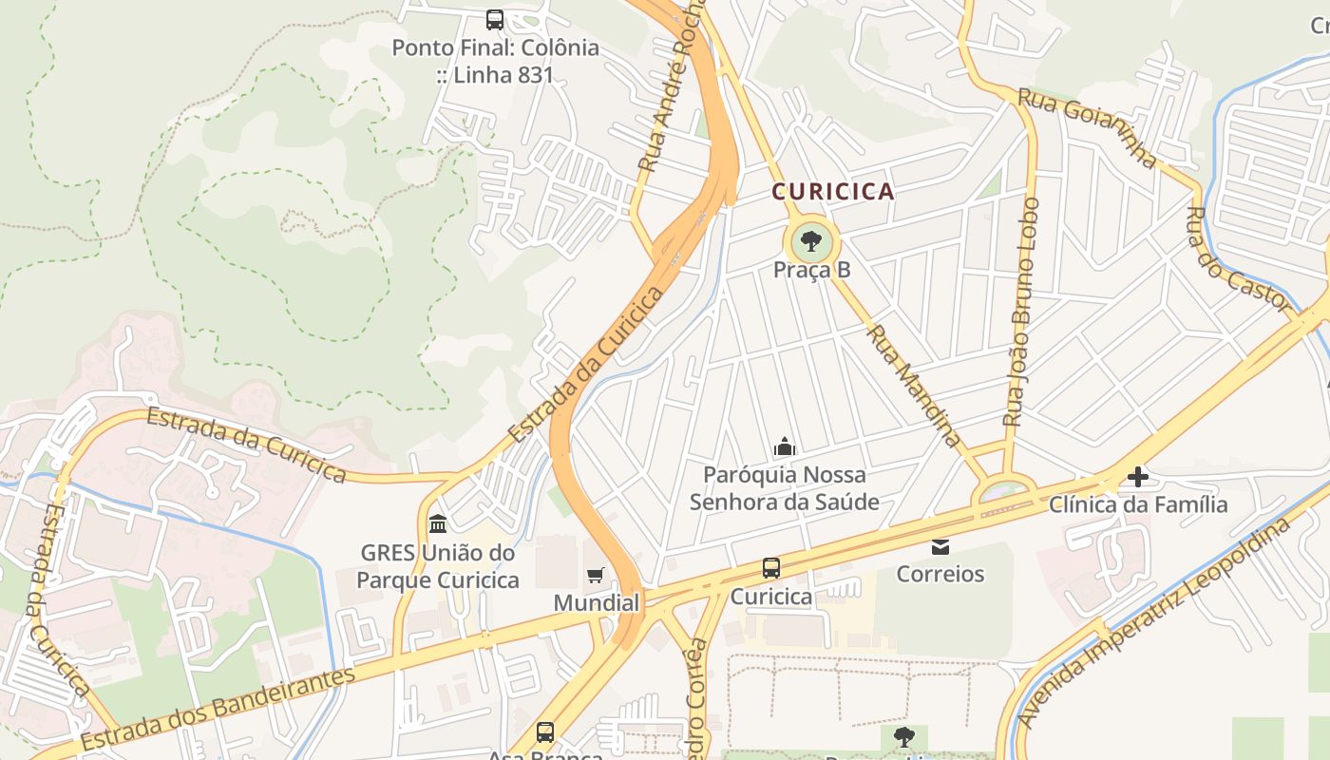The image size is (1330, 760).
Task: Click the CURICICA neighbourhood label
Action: (x=832, y=192)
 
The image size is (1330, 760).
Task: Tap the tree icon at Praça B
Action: (x=811, y=241)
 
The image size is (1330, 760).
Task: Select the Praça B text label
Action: (x=811, y=270)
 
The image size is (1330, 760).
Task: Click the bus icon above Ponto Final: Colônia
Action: (x=494, y=19)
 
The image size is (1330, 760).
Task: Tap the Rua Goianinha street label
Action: (x=1089, y=127)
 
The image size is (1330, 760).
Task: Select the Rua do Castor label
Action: (x=1240, y=259)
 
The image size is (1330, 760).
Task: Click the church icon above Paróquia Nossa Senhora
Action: (x=785, y=446)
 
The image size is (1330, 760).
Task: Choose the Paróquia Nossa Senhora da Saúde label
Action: (x=785, y=487)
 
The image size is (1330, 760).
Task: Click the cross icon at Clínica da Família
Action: (x=1137, y=477)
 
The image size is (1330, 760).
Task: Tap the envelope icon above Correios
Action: (x=940, y=546)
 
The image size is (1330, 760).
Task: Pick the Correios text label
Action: (x=940, y=574)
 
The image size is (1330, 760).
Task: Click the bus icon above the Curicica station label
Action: (x=771, y=568)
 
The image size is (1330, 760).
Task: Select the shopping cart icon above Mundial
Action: (x=596, y=575)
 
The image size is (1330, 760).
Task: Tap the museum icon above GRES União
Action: (x=438, y=524)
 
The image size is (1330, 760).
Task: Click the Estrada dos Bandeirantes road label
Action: (x=218, y=708)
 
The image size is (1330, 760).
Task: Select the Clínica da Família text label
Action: (x=1138, y=504)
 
